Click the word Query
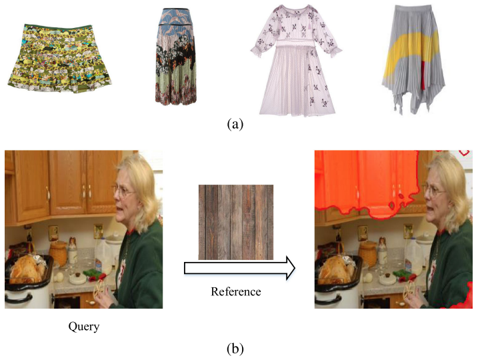point(83,327)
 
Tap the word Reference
point(236,291)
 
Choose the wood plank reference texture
point(236,221)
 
